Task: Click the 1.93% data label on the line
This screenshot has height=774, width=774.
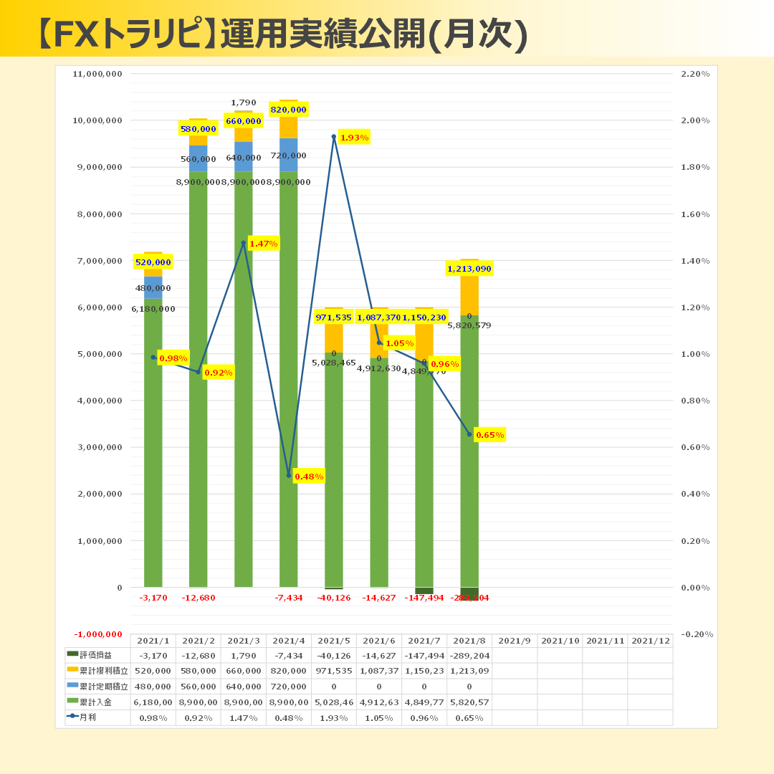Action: pyautogui.click(x=354, y=138)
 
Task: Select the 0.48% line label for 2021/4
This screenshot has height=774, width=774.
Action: pyautogui.click(x=309, y=477)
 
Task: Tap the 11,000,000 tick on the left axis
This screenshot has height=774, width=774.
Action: pyautogui.click(x=98, y=74)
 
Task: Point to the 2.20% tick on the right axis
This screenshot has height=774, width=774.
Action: pyautogui.click(x=694, y=74)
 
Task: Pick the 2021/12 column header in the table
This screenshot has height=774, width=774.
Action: pyautogui.click(x=649, y=641)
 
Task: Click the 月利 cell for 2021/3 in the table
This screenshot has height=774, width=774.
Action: pyautogui.click(x=243, y=717)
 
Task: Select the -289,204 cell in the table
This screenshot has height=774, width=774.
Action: pyautogui.click(x=469, y=655)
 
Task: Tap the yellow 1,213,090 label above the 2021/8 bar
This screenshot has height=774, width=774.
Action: pyautogui.click(x=469, y=269)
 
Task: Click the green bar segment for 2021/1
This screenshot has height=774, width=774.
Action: pyautogui.click(x=153, y=444)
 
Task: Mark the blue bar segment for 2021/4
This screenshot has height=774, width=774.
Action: pyautogui.click(x=289, y=154)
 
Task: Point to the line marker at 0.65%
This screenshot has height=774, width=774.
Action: pyautogui.click(x=469, y=434)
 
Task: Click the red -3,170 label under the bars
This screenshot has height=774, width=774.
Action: pyautogui.click(x=153, y=598)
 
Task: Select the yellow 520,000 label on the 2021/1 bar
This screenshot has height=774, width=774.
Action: pyautogui.click(x=153, y=262)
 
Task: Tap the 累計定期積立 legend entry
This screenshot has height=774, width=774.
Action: pyautogui.click(x=97, y=686)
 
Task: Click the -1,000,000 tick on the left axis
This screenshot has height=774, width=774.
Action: pyautogui.click(x=98, y=634)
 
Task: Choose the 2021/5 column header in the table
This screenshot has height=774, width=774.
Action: pyautogui.click(x=333, y=641)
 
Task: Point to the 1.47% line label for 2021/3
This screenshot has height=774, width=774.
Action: pyautogui.click(x=264, y=244)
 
